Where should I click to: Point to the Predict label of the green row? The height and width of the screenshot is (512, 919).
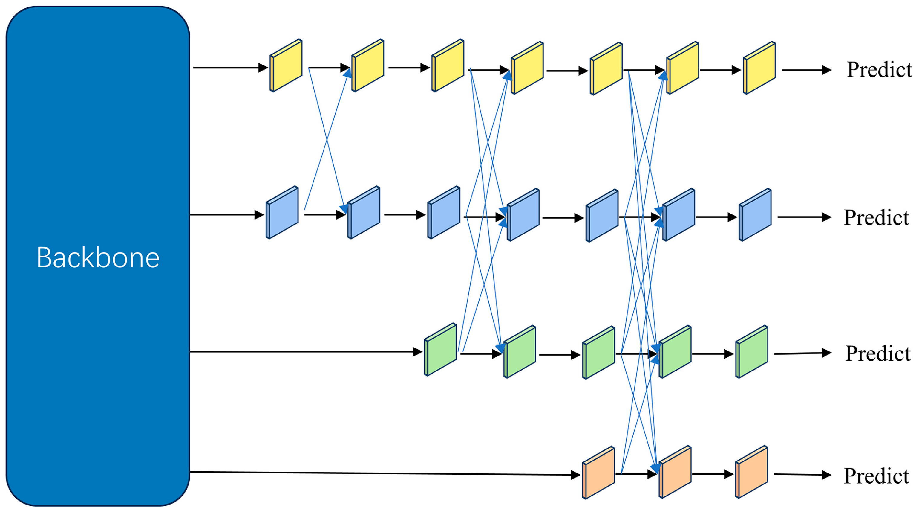tap(877, 353)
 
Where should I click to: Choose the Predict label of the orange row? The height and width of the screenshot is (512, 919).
tap(876, 476)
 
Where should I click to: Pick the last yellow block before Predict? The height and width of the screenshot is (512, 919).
tap(759, 68)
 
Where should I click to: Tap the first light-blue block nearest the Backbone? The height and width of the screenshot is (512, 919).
tap(282, 212)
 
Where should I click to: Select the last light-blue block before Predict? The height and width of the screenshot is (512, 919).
tap(755, 215)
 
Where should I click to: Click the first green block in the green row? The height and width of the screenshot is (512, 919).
tap(440, 350)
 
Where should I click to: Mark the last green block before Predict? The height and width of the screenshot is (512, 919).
tap(752, 352)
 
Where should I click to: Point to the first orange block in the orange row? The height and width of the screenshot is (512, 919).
tap(599, 472)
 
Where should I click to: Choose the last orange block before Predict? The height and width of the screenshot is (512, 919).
tap(752, 472)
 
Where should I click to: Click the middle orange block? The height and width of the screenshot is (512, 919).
tap(675, 472)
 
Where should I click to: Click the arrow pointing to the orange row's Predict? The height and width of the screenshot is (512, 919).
tap(803, 475)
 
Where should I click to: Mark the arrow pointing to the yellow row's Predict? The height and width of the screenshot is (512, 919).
tap(806, 70)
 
